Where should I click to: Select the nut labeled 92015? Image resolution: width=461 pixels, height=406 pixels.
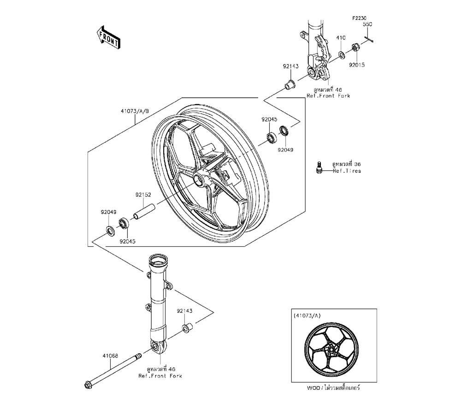356,47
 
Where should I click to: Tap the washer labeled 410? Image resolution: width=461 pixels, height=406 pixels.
341,55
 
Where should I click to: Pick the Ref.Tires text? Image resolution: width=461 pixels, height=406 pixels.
347,171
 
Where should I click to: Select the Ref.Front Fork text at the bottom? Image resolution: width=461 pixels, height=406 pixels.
160,376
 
